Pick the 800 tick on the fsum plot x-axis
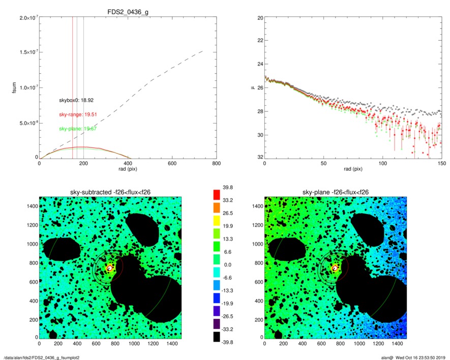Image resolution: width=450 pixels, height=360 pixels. tap(216, 164)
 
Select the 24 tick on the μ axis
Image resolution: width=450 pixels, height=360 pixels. tap(260, 65)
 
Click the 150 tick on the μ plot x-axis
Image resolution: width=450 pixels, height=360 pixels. tap(441, 164)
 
